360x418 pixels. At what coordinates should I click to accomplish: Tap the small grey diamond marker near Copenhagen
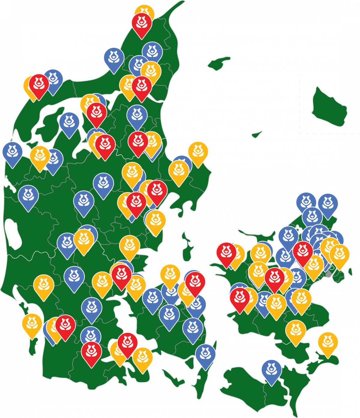tap(329, 274)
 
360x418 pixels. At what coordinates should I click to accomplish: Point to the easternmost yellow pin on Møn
tap(328, 342)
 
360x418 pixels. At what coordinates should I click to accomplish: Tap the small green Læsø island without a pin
tap(219, 63)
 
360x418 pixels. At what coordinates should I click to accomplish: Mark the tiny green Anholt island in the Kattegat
tap(257, 135)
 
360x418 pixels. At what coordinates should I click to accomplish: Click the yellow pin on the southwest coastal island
tap(32, 323)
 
